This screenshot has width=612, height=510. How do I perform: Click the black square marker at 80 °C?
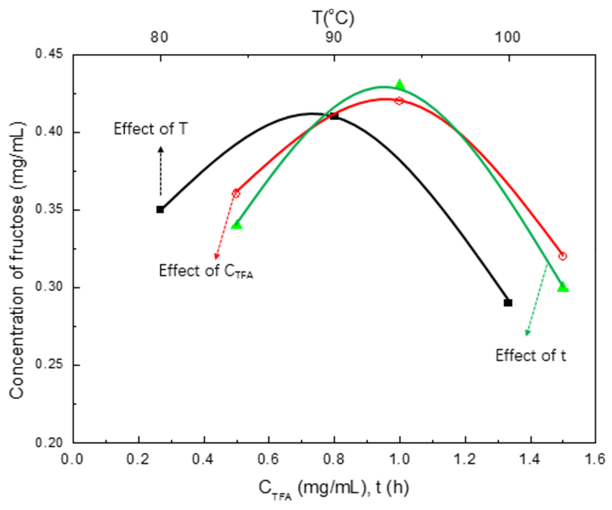click(160, 210)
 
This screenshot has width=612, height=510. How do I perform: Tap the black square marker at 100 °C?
click(508, 303)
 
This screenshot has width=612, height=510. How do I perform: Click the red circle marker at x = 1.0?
click(399, 101)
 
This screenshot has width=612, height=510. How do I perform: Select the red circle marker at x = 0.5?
click(236, 194)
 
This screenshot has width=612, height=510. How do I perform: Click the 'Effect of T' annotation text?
click(150, 129)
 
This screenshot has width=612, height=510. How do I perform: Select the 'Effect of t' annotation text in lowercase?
click(530, 356)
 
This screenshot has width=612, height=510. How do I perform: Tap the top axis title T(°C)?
click(334, 18)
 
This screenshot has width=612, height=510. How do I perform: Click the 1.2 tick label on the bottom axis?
click(465, 460)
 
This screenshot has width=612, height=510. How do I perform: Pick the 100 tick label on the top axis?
click(508, 38)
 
